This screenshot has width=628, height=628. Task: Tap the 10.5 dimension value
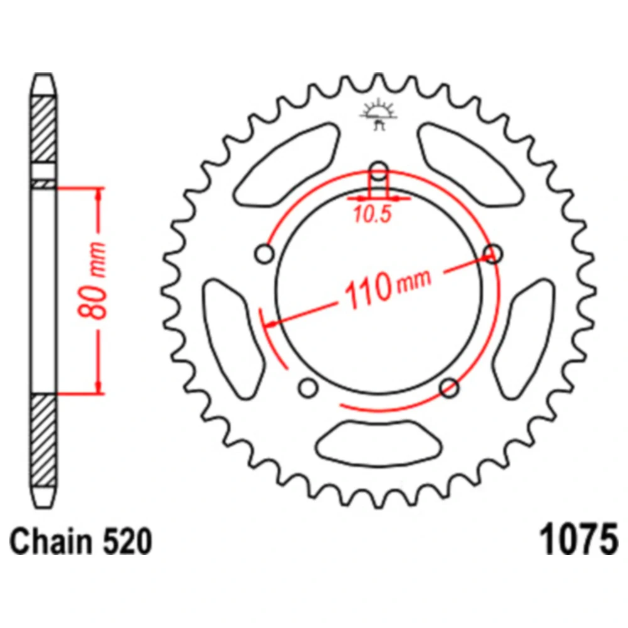pyautogui.click(x=372, y=214)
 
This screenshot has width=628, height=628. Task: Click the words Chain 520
pyautogui.click(x=80, y=541)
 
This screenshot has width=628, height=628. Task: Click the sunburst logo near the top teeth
pyautogui.click(x=379, y=116)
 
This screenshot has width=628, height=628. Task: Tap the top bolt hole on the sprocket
pyautogui.click(x=379, y=171)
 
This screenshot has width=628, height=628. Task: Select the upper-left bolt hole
pyautogui.click(x=264, y=254)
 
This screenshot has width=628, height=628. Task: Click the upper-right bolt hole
pyautogui.click(x=493, y=254)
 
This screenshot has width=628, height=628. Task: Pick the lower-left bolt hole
pyautogui.click(x=308, y=387)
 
